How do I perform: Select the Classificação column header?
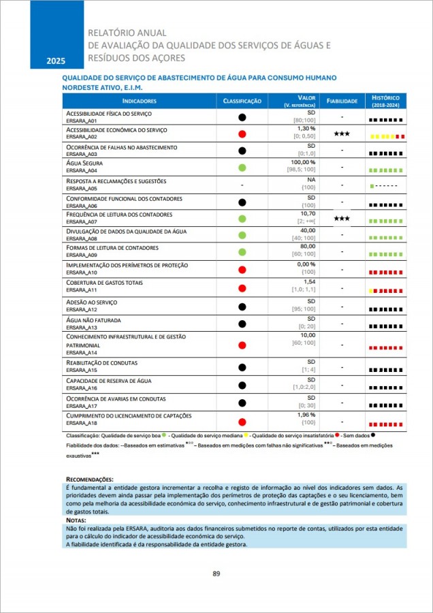242,101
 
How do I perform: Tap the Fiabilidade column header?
341,101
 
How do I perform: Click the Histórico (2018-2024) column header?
385,101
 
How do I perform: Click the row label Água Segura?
84,163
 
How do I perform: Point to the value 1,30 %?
306,128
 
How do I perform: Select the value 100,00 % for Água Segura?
303,162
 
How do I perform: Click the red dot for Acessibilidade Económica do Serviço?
242,134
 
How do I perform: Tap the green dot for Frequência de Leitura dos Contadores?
242,219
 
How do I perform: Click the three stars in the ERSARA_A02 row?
341,134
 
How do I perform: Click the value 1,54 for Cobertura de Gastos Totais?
310,281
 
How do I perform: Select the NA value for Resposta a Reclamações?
311,180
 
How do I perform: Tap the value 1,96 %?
306,415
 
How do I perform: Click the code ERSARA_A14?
82,352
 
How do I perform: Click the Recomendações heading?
89,480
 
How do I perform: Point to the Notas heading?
76,520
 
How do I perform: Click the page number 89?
216,573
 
